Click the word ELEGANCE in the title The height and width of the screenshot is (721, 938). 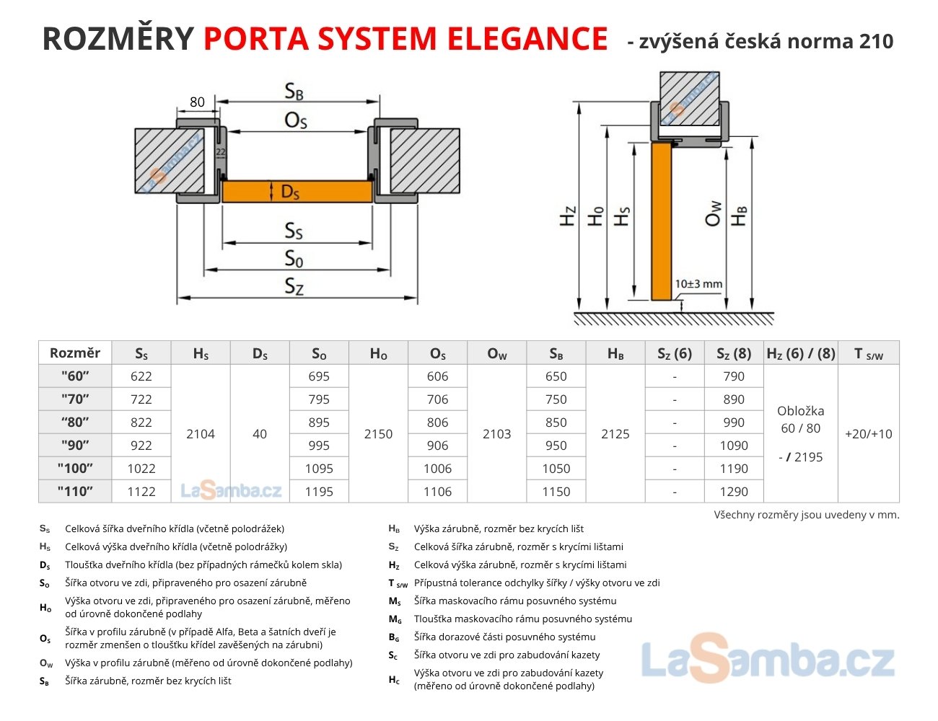(x=527, y=38)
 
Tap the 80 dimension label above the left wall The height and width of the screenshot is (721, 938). (x=197, y=102)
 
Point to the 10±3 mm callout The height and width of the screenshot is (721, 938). (x=698, y=284)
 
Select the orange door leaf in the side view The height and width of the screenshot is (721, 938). (x=662, y=221)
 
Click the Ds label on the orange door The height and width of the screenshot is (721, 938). (x=289, y=192)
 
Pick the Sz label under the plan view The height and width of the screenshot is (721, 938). (x=294, y=286)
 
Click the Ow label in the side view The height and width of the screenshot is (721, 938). (x=713, y=214)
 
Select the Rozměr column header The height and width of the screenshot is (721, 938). (x=75, y=353)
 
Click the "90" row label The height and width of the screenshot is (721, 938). (x=75, y=445)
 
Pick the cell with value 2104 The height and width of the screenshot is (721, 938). (x=201, y=433)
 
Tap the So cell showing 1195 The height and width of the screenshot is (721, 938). (x=319, y=491)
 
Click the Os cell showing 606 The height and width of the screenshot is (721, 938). (x=437, y=376)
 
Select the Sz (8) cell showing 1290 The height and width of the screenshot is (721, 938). (x=734, y=491)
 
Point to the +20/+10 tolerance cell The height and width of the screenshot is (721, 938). (x=868, y=433)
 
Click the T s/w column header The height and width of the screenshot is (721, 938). (x=868, y=353)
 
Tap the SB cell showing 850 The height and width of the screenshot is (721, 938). (x=556, y=422)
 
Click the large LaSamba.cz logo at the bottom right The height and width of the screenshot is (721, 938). (x=768, y=660)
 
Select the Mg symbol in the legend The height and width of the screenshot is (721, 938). (x=394, y=619)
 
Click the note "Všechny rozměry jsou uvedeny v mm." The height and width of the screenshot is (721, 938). (x=807, y=515)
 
